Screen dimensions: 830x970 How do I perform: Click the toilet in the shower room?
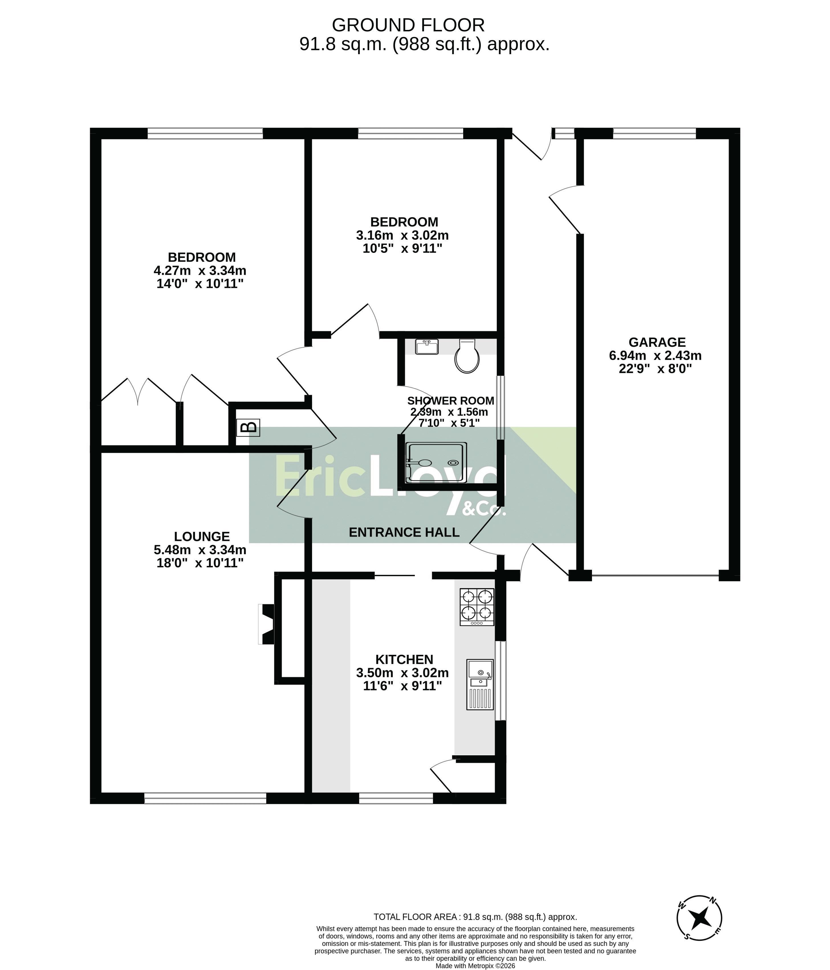tap(467, 356)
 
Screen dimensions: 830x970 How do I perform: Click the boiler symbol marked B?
tap(248, 427)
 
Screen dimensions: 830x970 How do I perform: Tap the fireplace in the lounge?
tap(267, 624)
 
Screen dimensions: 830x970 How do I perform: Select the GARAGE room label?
tap(657, 342)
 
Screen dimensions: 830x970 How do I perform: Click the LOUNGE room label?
tap(202, 537)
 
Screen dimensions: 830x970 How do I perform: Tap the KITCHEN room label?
tap(404, 660)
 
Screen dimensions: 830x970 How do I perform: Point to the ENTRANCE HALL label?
tap(404, 532)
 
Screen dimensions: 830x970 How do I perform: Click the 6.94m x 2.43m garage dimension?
tap(655, 355)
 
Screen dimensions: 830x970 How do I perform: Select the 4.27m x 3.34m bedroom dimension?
tap(200, 271)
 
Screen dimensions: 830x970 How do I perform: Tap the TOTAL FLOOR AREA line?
tap(475, 917)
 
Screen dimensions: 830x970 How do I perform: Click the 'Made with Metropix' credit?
tap(475, 966)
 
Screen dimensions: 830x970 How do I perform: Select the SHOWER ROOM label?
tap(451, 401)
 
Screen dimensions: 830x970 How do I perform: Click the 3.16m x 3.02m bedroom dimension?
tap(402, 235)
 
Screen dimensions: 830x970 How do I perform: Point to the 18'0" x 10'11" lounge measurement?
tap(200, 563)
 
